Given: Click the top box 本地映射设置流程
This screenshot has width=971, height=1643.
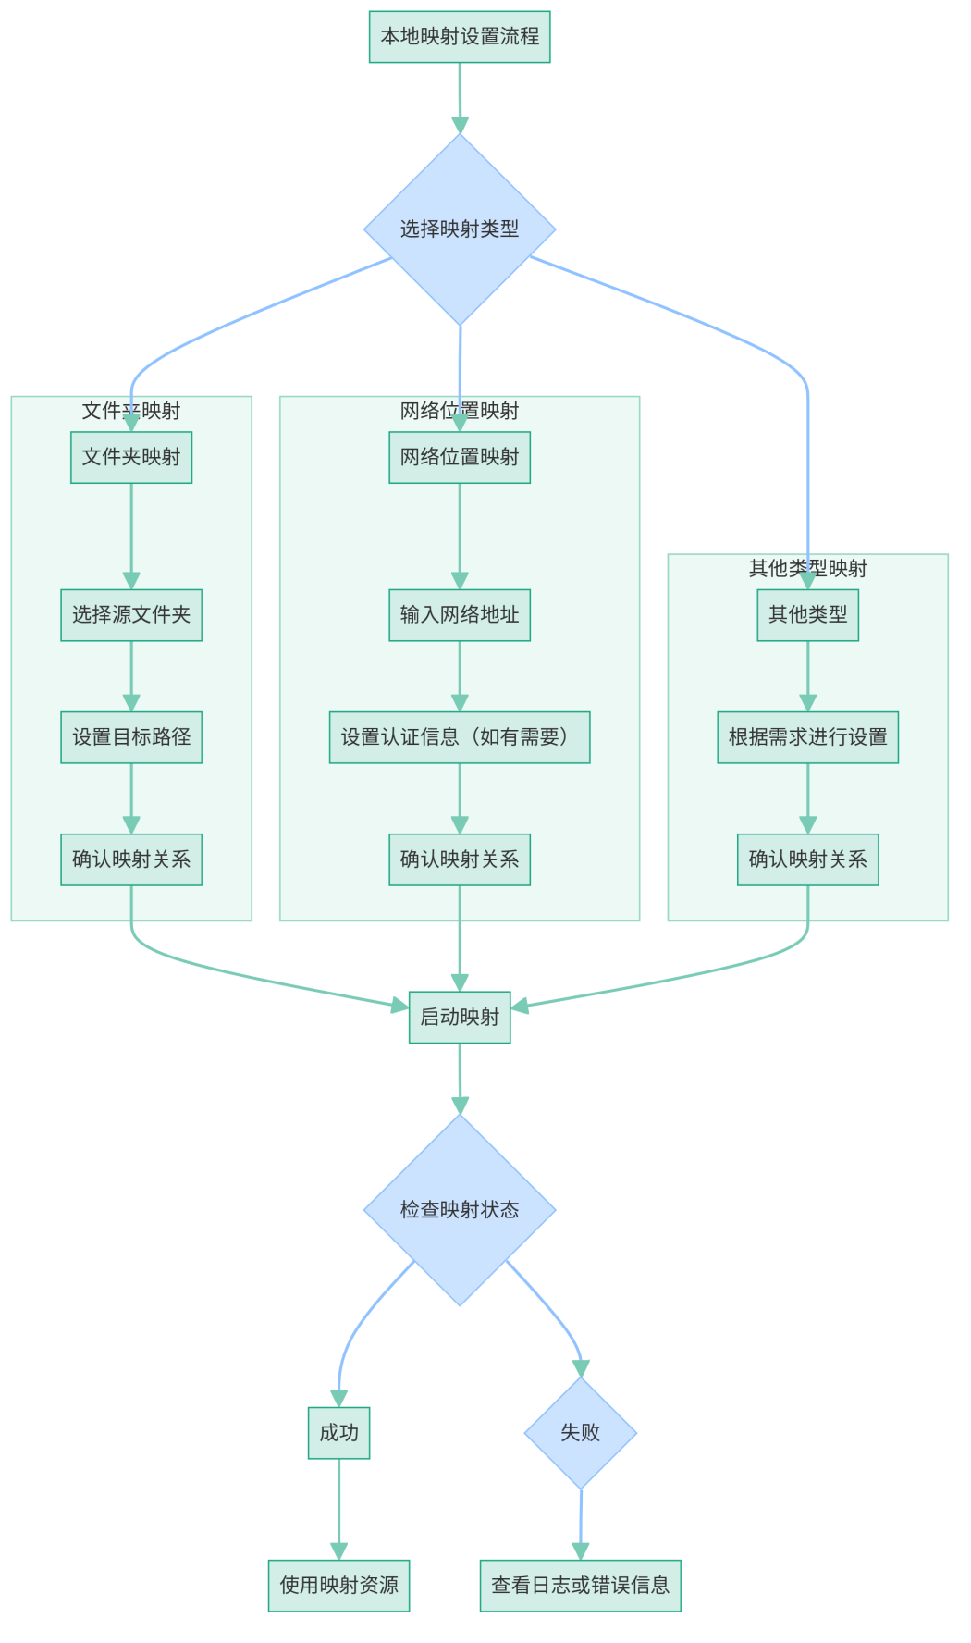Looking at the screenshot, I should (460, 37).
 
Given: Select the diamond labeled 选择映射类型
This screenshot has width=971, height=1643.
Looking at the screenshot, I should (460, 229).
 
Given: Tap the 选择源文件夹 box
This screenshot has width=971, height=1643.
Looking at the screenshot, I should (131, 615).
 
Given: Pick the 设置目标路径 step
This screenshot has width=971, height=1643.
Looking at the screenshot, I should (131, 737).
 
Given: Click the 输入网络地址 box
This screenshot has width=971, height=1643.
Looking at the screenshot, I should (460, 615).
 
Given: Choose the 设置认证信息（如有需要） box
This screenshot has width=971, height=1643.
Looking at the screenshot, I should (460, 737).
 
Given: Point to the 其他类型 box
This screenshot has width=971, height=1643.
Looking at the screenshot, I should (807, 615).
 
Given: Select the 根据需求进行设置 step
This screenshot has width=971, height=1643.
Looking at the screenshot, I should (807, 737).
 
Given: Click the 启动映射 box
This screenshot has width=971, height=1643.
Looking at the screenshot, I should (460, 1018).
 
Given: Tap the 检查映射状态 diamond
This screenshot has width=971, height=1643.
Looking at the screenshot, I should (460, 1210).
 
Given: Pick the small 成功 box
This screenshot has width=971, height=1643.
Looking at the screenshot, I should (338, 1433).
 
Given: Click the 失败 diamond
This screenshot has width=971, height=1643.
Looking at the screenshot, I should (581, 1433).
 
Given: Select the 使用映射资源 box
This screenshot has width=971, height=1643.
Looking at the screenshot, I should (338, 1586).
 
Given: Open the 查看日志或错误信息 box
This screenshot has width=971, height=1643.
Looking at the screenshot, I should (581, 1586).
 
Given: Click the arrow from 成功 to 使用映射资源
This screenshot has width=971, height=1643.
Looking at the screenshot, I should (338, 1508).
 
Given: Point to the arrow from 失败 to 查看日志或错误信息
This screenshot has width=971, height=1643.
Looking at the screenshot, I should (581, 1525).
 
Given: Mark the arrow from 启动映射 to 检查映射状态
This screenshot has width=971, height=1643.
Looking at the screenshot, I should (460, 1078).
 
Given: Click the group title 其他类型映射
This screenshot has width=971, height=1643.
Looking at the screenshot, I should (807, 568).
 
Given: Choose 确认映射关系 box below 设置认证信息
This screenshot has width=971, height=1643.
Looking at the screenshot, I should (460, 859).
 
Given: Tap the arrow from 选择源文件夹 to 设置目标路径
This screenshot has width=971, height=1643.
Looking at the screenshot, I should (131, 675).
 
